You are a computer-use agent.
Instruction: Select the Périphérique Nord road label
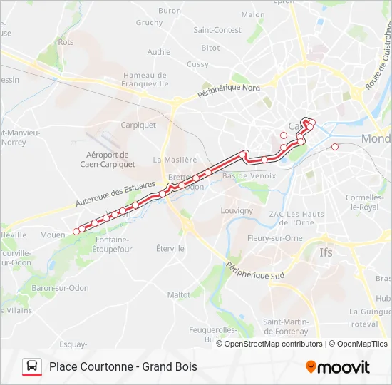[x=229, y=91]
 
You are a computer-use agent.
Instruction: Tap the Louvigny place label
[x=237, y=211]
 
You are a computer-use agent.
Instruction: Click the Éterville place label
[x=170, y=248]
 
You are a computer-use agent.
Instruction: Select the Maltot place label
[x=178, y=294]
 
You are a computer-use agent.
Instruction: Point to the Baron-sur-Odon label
[x=60, y=288]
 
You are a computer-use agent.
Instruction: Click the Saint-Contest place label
[x=217, y=30]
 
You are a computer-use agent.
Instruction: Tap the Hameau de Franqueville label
[x=145, y=79]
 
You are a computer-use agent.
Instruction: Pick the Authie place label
[x=159, y=52]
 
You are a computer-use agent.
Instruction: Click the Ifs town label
[x=326, y=252]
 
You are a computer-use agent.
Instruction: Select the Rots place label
[x=66, y=43]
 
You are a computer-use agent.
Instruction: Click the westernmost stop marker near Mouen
[x=76, y=231]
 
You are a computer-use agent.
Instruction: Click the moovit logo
[x=338, y=367]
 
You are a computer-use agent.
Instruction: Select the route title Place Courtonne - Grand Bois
[x=123, y=367]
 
